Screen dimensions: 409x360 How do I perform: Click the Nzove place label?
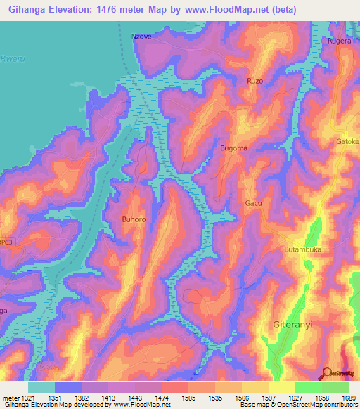click(141, 35)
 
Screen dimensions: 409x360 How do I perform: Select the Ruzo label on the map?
click(255, 82)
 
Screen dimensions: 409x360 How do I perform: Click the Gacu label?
click(253, 203)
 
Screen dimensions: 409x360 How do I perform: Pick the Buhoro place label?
click(134, 220)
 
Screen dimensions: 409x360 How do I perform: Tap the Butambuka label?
click(302, 249)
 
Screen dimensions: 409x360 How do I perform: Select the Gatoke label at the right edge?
click(347, 141)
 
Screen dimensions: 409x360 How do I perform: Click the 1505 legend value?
click(189, 398)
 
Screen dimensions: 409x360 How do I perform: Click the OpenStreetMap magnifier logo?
click(326, 373)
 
